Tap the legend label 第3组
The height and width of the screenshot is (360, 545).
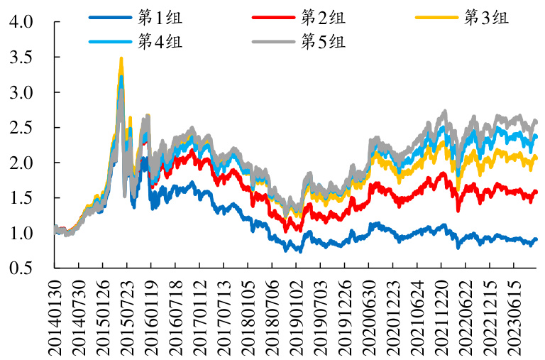point(486,18)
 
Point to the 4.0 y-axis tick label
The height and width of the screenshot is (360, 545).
point(22,22)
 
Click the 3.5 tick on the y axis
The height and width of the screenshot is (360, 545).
point(22,58)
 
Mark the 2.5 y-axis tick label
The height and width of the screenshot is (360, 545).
point(22,128)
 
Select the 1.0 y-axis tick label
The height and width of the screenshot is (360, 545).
point(22,234)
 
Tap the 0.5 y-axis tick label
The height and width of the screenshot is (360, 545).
point(22,268)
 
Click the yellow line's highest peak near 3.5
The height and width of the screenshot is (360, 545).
point(121,59)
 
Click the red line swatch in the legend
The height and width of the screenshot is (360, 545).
point(272,18)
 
